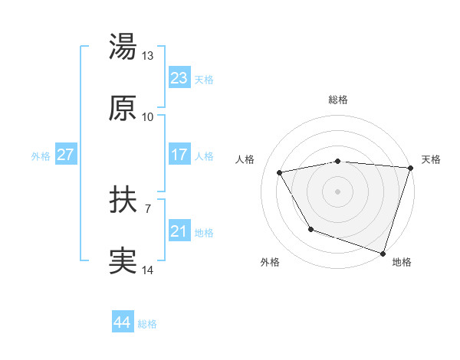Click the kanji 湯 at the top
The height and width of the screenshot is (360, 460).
(123, 47)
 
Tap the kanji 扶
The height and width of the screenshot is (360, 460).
(123, 201)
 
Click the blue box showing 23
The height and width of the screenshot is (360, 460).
(179, 78)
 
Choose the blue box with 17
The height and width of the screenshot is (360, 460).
(179, 155)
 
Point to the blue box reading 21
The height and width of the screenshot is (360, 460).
(179, 231)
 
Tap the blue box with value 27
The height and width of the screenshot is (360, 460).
(65, 155)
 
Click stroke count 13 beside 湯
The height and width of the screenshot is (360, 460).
(148, 57)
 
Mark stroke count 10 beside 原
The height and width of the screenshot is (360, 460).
(148, 116)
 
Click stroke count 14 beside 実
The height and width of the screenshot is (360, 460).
(148, 270)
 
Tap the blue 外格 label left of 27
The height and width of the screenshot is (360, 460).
(41, 156)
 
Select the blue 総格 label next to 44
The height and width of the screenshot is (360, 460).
(147, 324)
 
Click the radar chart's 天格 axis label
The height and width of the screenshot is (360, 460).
(431, 159)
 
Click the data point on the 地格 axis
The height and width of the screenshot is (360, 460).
(383, 252)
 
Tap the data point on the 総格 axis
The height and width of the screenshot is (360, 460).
(338, 161)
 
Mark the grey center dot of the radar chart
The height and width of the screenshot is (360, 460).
(338, 191)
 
